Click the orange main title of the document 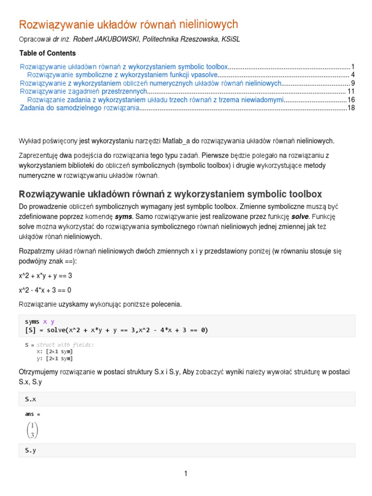[x=128, y=24]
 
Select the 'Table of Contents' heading [x=47, y=53]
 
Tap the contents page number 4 [x=353, y=75]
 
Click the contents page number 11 [x=352, y=91]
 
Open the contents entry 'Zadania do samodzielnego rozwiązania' [x=79, y=108]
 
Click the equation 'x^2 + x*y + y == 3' [x=46, y=276]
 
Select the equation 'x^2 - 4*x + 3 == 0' [x=45, y=290]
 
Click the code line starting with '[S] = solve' [x=116, y=330]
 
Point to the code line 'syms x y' [x=40, y=322]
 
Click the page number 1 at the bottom [x=186, y=474]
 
